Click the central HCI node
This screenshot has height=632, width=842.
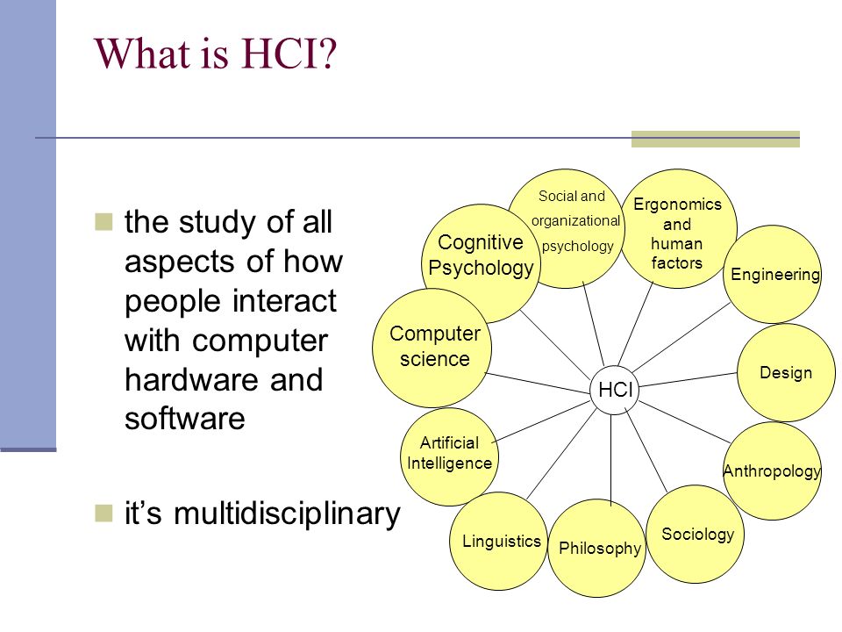pos(614,390)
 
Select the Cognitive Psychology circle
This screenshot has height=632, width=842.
pos(480,263)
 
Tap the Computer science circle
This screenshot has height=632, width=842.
pos(432,348)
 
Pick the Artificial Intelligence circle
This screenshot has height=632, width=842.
pos(449,456)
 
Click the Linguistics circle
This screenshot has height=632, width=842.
pos(499,542)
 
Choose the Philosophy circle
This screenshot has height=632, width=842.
pos(597,548)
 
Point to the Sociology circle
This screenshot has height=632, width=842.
pos(696,535)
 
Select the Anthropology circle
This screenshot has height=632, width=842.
pos(772,470)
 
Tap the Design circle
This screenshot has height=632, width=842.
pos(786,372)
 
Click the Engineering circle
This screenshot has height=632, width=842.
pos(772,274)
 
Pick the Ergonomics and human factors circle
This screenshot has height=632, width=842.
pos(677,228)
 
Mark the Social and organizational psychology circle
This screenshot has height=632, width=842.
pos(567,228)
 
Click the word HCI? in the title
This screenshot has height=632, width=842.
pos(289,54)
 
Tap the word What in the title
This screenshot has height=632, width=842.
pos(143,54)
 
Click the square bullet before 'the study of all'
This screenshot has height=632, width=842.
pos(103,221)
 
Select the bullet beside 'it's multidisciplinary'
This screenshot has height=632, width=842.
pos(103,513)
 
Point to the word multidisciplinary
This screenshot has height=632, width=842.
pos(288,513)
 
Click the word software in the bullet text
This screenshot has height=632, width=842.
pos(185,419)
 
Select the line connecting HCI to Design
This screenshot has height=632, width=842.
pos(688,379)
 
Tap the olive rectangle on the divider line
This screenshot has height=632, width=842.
pos(716,139)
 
